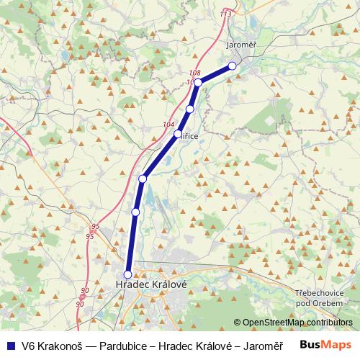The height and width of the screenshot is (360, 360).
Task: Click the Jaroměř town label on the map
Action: (x=241, y=45)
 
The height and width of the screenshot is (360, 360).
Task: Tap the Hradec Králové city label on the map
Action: (x=151, y=285)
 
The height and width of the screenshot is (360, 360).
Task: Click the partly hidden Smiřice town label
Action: (x=190, y=135)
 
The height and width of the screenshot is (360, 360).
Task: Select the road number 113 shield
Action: (x=226, y=14)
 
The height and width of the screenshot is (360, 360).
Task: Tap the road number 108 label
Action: (x=194, y=73)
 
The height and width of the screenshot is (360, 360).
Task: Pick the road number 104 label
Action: (x=168, y=125)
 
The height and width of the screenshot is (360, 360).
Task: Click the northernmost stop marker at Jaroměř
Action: (x=232, y=66)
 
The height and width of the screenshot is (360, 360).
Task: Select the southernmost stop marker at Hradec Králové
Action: (x=128, y=274)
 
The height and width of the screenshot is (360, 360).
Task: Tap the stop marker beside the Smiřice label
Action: (x=177, y=134)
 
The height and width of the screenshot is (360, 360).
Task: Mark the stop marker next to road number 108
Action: (x=198, y=83)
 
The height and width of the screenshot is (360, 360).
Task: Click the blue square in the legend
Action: (x=9, y=344)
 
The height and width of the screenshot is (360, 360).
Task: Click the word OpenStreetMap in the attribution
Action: (x=273, y=322)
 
